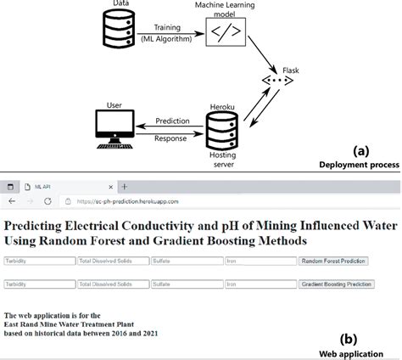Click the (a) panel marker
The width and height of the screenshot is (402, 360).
[x=361, y=150]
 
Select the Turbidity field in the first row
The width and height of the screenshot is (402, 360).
[x=38, y=262]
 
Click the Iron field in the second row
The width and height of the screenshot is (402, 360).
[x=260, y=284]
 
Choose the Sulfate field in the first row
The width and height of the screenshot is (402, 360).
[x=186, y=262]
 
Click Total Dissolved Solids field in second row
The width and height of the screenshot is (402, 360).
[x=112, y=284]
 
